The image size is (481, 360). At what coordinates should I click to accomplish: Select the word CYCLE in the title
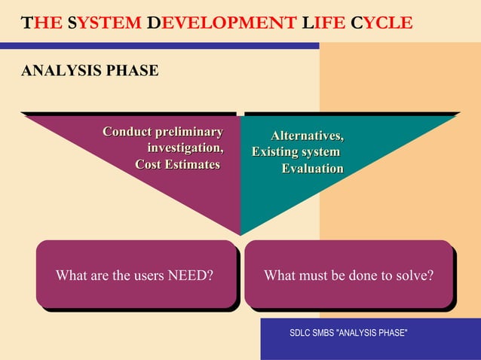(381, 23)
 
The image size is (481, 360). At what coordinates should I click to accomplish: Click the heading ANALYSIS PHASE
(90, 72)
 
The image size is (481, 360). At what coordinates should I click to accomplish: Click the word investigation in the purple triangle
(185, 148)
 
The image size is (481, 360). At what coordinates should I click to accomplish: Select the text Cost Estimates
(177, 164)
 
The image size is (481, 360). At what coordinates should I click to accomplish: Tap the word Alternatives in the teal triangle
(307, 136)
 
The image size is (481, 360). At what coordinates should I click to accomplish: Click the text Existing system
(296, 152)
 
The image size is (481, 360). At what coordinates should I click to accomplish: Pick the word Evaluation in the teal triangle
(312, 169)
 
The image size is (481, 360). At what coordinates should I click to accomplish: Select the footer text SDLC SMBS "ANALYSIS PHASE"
(348, 333)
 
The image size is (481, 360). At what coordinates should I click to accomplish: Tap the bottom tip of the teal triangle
(242, 232)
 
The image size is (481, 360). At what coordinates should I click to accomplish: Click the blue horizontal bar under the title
(158, 46)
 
